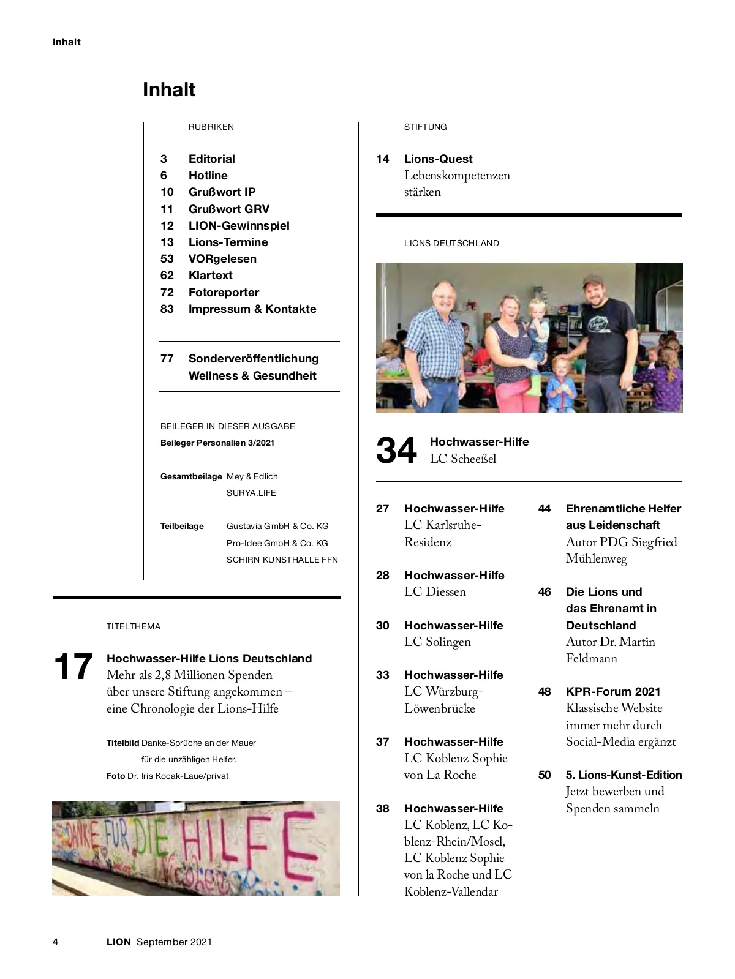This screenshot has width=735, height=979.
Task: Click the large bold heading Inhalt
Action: tap(169, 89)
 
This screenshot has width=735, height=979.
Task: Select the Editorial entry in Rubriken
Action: tap(211, 159)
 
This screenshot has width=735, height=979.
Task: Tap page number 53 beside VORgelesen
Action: tap(167, 258)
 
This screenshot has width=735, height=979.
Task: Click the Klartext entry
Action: tap(210, 276)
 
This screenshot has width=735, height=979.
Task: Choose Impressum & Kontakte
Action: tap(252, 309)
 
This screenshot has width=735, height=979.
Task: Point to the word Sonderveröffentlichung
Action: tap(254, 358)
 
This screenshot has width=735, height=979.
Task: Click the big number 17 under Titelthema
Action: tap(73, 667)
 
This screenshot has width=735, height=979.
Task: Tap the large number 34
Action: tap(396, 451)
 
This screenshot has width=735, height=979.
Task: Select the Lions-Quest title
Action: tap(438, 159)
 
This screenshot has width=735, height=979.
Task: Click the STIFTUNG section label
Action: tap(425, 127)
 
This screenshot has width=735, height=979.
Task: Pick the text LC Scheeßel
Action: tap(462, 459)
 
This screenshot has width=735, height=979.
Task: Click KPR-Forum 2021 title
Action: tap(613, 691)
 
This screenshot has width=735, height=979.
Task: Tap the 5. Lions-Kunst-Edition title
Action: tap(624, 775)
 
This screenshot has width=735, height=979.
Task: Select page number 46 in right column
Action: tap(545, 591)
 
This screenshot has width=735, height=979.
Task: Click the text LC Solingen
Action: tap(437, 642)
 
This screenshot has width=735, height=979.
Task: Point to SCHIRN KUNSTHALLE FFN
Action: tap(282, 559)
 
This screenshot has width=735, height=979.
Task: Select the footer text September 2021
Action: tap(174, 942)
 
